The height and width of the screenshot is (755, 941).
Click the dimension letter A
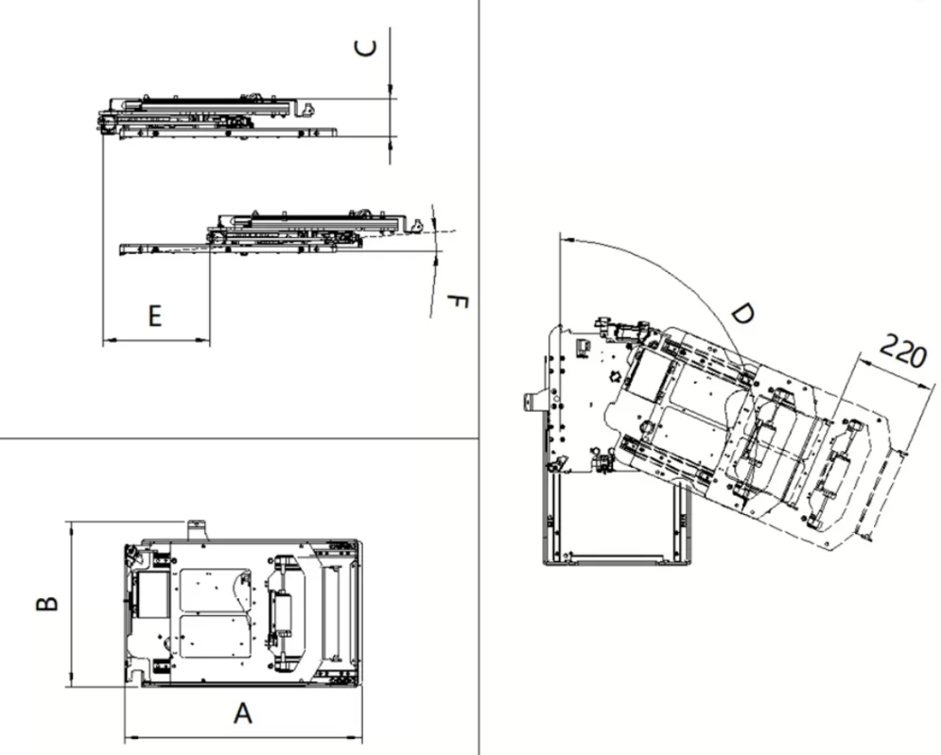(x=242, y=713)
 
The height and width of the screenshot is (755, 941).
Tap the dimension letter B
(x=47, y=603)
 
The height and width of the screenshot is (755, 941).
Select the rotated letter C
(x=365, y=48)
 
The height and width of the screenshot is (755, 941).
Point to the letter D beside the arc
(x=743, y=313)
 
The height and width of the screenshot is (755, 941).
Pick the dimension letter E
(x=155, y=316)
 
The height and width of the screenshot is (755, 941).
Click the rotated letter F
(x=458, y=302)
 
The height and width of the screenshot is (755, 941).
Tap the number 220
(x=902, y=351)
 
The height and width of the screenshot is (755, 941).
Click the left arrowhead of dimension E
(x=108, y=341)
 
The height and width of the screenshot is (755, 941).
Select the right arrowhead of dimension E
(x=204, y=341)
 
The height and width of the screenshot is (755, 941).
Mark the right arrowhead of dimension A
(x=357, y=737)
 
